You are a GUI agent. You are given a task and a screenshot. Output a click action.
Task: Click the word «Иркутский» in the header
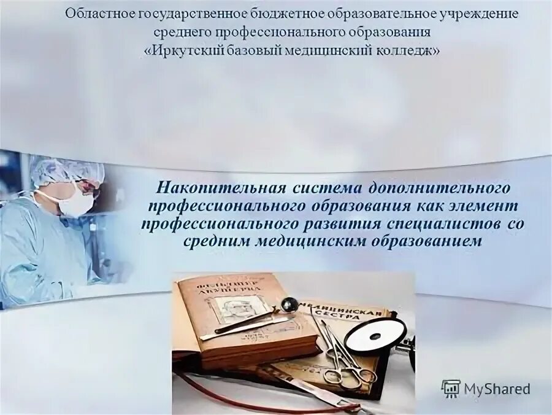click(190, 51)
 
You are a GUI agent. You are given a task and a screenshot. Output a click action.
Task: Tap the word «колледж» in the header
click(405, 51)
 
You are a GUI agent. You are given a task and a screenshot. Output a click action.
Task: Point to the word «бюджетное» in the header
click(259, 14)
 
